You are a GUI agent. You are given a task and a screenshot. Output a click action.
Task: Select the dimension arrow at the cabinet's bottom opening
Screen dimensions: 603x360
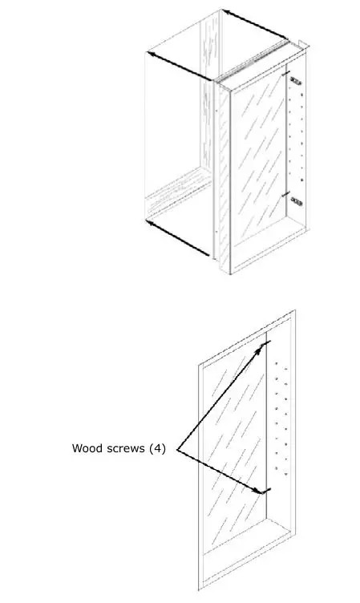tap(180, 237)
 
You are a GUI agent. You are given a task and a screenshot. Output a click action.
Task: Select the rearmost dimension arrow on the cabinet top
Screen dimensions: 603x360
tap(255, 24)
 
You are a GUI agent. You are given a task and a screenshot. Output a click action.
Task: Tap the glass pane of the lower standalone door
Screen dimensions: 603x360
tap(233, 449)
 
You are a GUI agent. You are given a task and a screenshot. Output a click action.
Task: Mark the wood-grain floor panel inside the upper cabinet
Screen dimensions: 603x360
tap(176, 196)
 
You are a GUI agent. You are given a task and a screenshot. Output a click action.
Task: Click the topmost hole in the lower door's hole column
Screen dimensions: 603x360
tap(277, 365)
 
